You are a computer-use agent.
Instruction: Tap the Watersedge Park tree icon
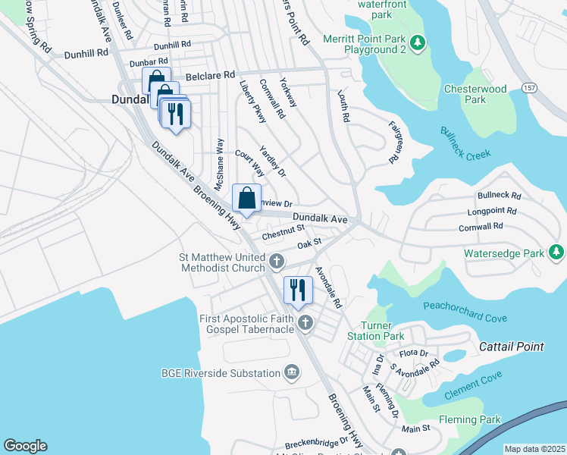(x=556, y=251)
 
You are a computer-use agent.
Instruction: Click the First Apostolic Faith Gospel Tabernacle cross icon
(x=305, y=324)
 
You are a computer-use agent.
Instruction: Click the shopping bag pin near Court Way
(x=247, y=199)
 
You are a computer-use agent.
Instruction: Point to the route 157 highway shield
(x=528, y=89)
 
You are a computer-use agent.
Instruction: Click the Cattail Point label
(x=512, y=347)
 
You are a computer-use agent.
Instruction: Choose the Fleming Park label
(x=469, y=419)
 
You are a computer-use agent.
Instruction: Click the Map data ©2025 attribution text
(x=534, y=449)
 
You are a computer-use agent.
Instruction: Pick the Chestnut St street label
(x=283, y=232)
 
